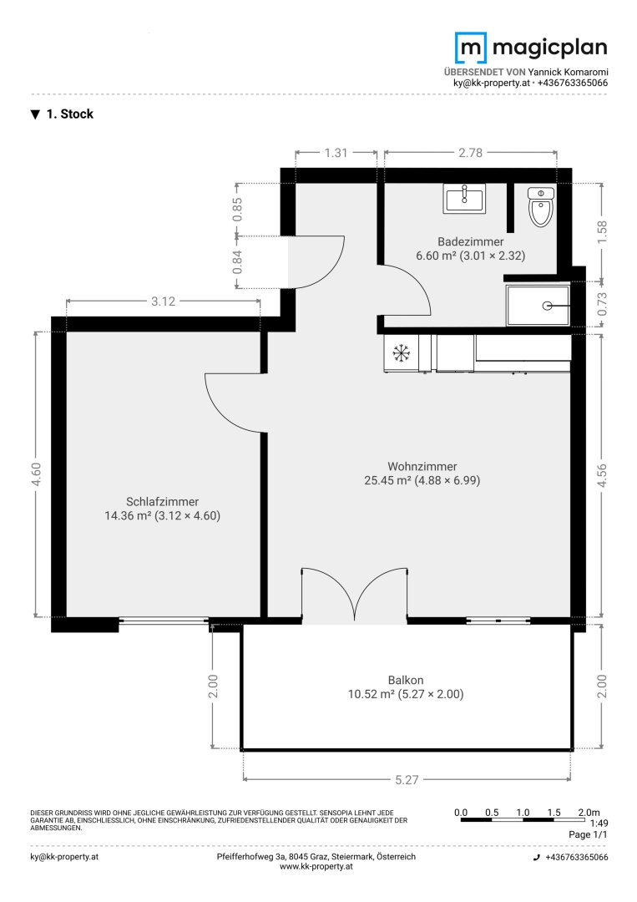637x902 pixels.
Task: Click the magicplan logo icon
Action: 470,48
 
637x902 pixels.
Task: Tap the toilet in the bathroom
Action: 540,206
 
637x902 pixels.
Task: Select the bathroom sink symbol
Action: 464,199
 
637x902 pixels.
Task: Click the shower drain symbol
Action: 547,306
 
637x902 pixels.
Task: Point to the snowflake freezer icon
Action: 401,352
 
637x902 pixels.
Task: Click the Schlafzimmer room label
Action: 162,502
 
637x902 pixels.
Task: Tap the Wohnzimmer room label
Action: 422,467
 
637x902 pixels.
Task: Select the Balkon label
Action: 405,680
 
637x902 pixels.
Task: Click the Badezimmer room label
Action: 470,241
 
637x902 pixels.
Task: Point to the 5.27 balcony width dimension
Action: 407,779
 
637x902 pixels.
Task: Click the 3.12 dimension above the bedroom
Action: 163,301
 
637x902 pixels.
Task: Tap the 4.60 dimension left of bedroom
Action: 36,474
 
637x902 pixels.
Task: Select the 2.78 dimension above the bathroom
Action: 470,153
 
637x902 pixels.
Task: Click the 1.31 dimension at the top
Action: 336,153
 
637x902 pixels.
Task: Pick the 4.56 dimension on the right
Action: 601,476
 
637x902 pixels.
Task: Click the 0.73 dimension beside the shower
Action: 601,304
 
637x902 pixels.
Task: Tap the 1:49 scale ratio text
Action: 599,823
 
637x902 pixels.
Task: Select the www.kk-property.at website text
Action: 316,866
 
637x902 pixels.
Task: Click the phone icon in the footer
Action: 537,857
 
